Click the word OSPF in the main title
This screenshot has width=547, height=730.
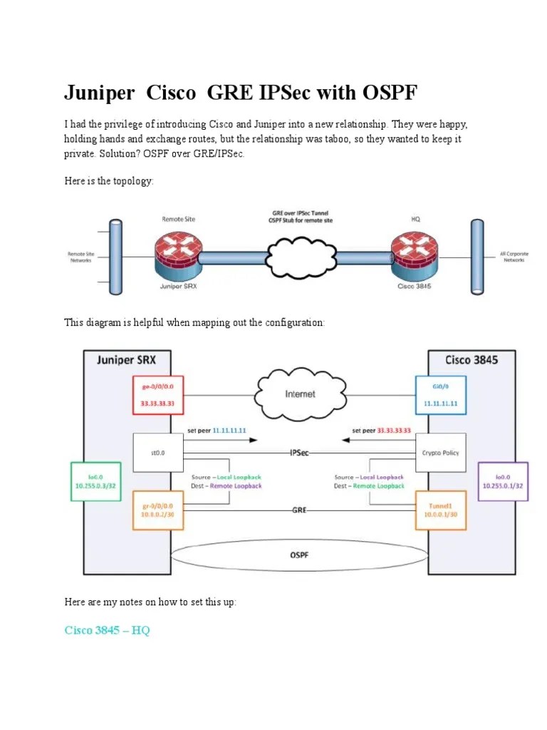(382, 93)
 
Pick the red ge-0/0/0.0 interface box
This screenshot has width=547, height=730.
(158, 394)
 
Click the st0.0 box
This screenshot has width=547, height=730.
(158, 453)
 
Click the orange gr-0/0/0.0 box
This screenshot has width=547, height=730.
(158, 510)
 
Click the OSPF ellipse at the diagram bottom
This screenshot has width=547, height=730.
(299, 554)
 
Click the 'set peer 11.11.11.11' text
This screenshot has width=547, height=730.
(217, 431)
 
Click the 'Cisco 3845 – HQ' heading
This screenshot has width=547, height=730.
(107, 630)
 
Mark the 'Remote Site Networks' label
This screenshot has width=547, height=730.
(80, 257)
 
